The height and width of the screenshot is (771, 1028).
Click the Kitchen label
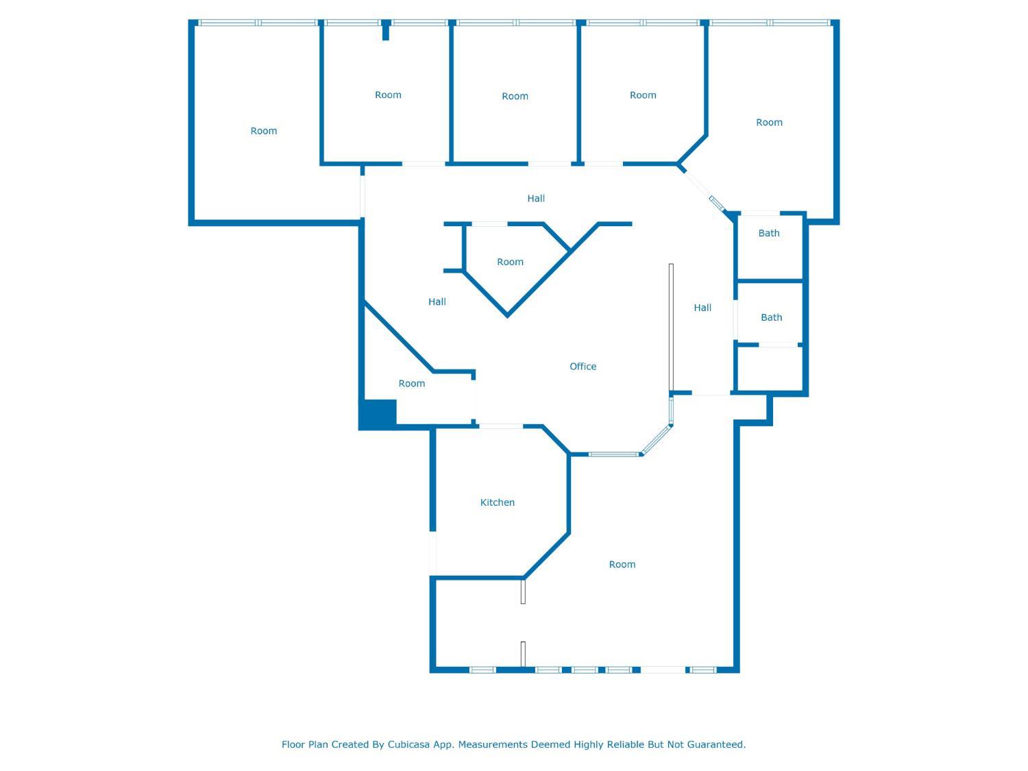(x=497, y=502)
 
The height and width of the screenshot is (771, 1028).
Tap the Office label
(x=583, y=367)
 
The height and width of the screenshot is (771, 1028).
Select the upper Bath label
(x=768, y=233)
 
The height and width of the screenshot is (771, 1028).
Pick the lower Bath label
(x=771, y=317)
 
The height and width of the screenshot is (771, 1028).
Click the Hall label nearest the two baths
(x=702, y=308)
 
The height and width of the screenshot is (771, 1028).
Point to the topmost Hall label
(x=536, y=199)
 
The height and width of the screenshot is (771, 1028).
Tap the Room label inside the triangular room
(x=510, y=262)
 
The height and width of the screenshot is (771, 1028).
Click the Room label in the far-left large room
(x=264, y=131)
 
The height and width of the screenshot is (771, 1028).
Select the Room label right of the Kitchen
(x=622, y=565)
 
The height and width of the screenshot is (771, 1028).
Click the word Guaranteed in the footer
(x=717, y=744)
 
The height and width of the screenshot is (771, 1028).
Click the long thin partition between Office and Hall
(x=671, y=327)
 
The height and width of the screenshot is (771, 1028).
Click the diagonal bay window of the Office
(x=657, y=439)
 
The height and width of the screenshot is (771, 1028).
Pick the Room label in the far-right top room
(x=769, y=123)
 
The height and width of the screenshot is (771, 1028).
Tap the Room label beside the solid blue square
(x=412, y=384)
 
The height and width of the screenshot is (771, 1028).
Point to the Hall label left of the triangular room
(x=437, y=302)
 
